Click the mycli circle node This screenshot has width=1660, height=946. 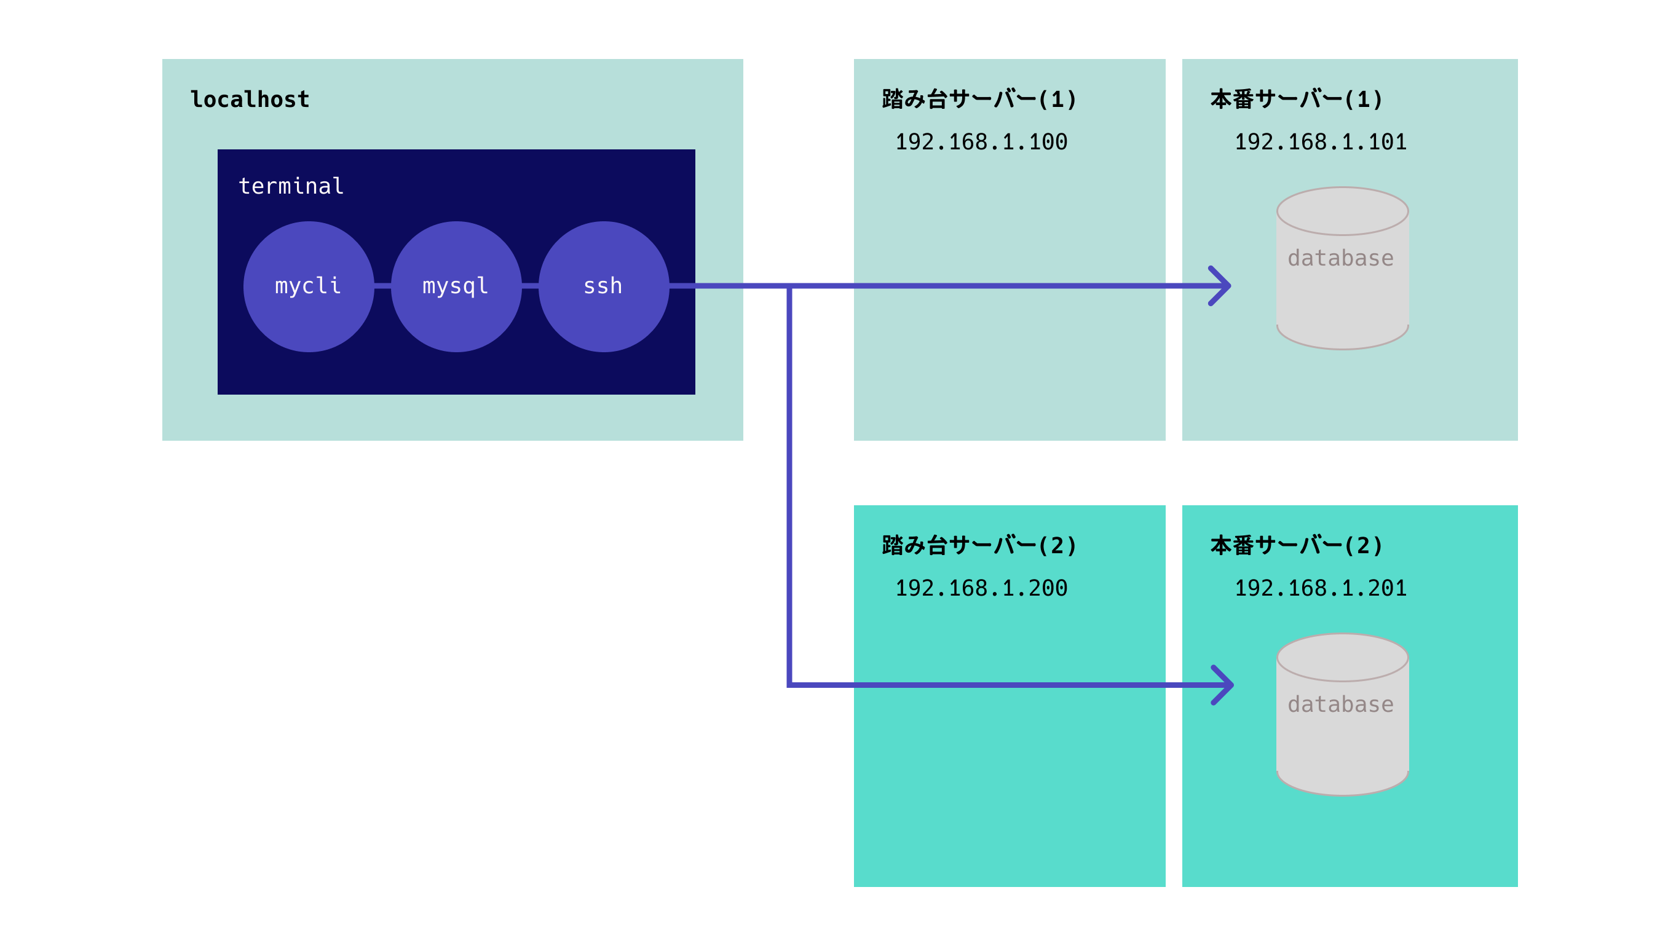(x=309, y=286)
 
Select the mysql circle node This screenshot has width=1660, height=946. (x=456, y=286)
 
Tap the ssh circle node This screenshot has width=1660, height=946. (x=604, y=286)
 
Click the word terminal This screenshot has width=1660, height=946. (x=291, y=186)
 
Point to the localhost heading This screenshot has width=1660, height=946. (x=250, y=100)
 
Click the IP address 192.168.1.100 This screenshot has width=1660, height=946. (x=981, y=141)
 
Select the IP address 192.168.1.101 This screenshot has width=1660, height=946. (x=1320, y=141)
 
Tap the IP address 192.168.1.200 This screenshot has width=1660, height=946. (x=981, y=588)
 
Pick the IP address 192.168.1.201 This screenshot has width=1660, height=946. (x=1320, y=588)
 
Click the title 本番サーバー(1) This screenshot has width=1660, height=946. (x=1296, y=100)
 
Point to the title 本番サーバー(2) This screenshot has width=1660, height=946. (x=1296, y=545)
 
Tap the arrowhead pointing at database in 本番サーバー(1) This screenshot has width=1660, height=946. (x=1222, y=286)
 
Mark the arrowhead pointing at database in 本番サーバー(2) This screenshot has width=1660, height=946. (x=1224, y=685)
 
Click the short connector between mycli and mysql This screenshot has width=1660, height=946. (x=382, y=286)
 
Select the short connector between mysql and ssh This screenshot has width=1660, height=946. (x=530, y=286)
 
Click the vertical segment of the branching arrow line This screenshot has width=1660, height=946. (x=789, y=487)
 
